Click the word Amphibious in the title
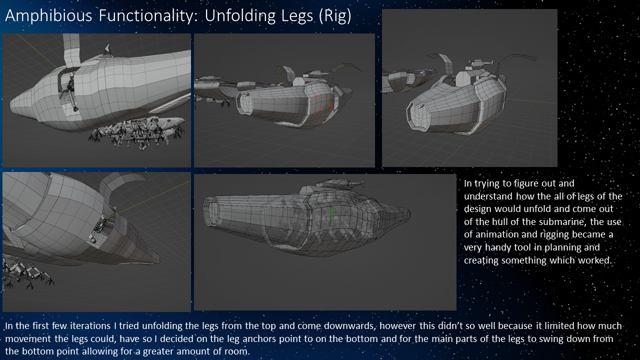pos(48,16)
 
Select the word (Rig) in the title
pos(334,16)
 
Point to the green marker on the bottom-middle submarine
pos(331,213)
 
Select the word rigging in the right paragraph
pos(554,234)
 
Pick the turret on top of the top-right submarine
pos(478,64)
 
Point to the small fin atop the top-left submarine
pos(107,49)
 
